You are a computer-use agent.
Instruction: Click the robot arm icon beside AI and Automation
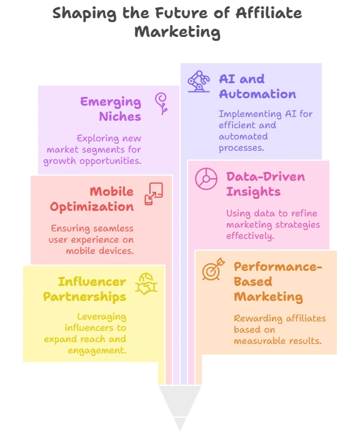pos(199,81)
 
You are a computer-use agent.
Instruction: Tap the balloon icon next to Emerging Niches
pos(161,104)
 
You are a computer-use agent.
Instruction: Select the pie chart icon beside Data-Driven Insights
pos(206,178)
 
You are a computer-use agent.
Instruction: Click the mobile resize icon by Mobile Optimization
pos(154,194)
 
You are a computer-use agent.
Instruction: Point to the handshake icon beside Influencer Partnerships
pos(146,284)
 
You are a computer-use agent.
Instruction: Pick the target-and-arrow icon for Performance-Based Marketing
pos(213,269)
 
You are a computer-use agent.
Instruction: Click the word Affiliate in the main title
pos(269,13)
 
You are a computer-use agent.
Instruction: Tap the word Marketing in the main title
pos(177,32)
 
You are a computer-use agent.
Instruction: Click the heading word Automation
pos(257,94)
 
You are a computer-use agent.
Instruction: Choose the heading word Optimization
pos(92,207)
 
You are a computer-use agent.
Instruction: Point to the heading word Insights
pos(254,192)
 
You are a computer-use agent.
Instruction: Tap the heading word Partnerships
pos(84,297)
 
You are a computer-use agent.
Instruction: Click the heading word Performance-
pos(278,267)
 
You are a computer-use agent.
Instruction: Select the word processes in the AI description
pos(241,148)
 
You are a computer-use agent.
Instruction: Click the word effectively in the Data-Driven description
pos(250,236)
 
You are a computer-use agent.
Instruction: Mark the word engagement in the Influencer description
pos(97,351)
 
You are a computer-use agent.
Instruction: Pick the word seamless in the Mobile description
pos(113,228)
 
